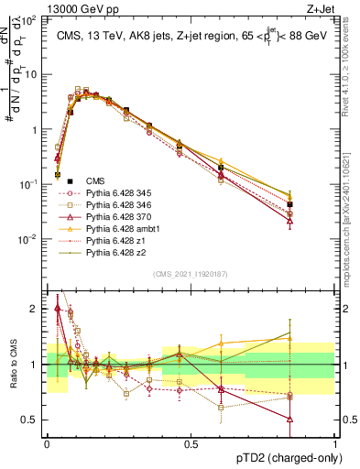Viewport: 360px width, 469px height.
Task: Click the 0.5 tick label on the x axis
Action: (x=191, y=443)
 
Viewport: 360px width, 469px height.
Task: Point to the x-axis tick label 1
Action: (x=334, y=443)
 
